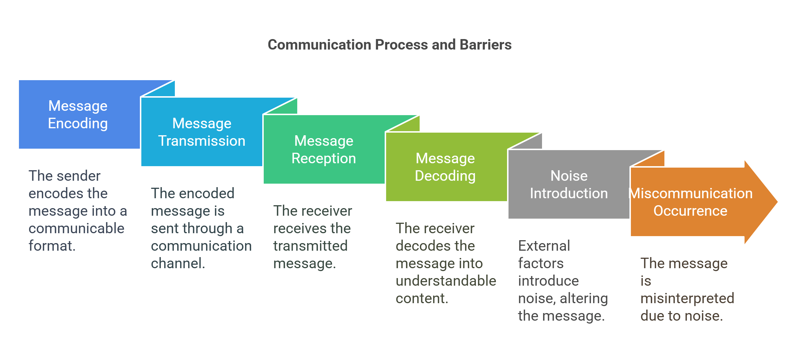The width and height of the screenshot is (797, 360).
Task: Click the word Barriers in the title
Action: (485, 45)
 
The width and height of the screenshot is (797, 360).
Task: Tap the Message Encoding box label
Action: (78, 115)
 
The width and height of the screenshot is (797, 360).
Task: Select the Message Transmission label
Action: (202, 132)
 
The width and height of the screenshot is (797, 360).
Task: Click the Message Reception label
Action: (324, 150)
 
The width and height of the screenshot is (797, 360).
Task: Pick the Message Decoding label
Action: (445, 167)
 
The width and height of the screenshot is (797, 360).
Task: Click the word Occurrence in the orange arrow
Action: (690, 211)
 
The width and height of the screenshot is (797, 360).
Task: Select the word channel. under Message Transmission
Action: (178, 264)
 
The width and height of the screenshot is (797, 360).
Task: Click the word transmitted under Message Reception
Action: (310, 246)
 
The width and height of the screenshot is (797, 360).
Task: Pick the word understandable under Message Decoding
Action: (446, 281)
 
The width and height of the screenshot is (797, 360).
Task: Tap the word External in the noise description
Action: (544, 246)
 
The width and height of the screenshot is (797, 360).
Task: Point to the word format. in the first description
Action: (52, 246)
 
